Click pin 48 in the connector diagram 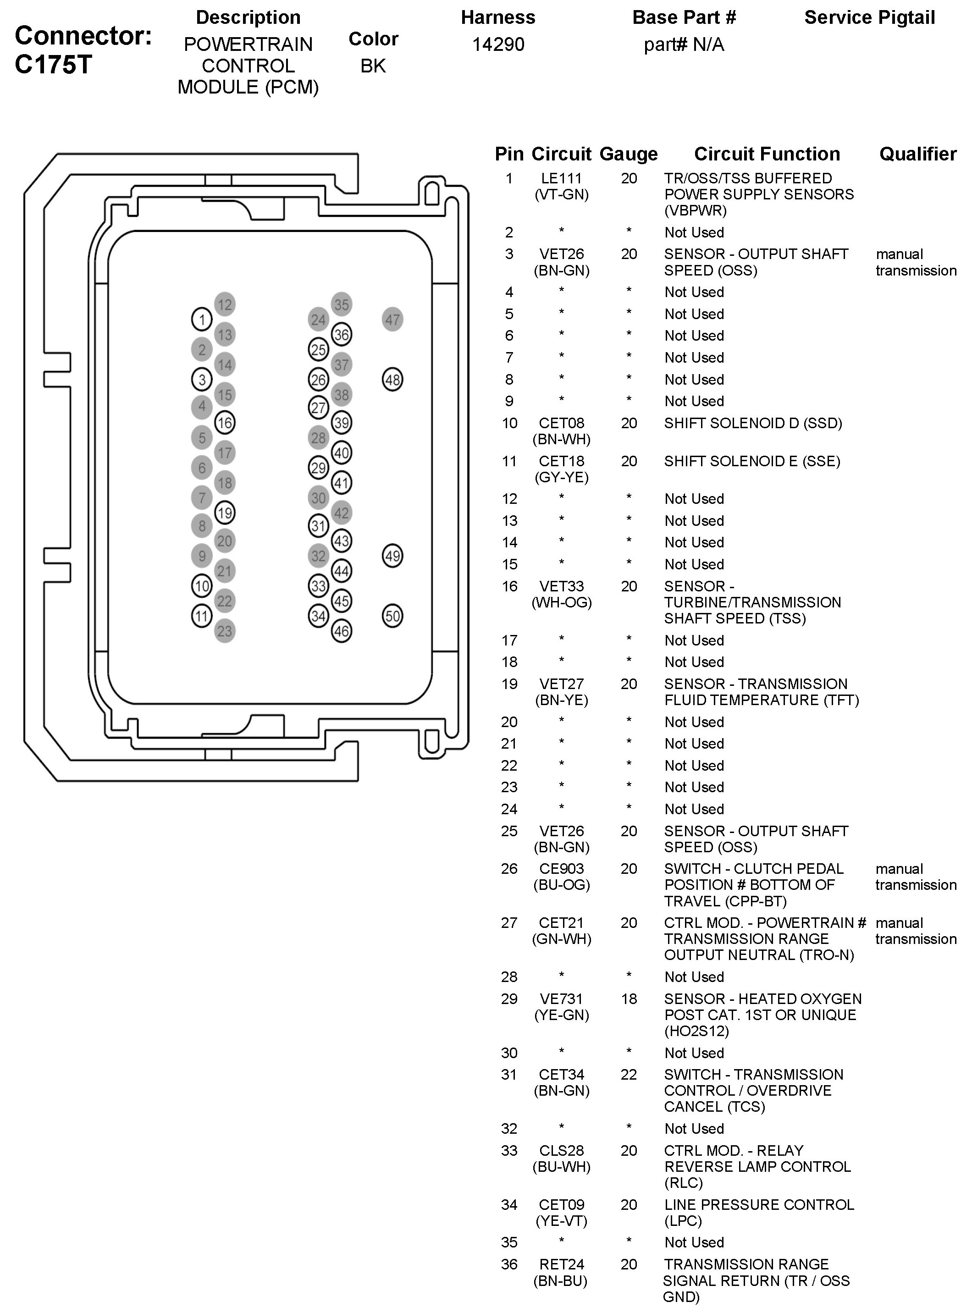tap(392, 380)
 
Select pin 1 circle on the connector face tap(202, 320)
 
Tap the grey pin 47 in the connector tap(392, 320)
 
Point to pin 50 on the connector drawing tap(392, 616)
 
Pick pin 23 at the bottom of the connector tap(225, 631)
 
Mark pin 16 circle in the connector tap(225, 422)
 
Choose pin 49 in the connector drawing tap(392, 556)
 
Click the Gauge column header tap(629, 154)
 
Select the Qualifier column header tap(918, 154)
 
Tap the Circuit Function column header tap(767, 154)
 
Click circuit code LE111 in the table tap(561, 178)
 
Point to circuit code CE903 tap(561, 869)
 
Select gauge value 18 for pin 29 tap(629, 999)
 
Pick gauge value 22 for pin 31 tap(629, 1075)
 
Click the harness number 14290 tap(498, 44)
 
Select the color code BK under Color tap(373, 66)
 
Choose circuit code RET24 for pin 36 tap(561, 1264)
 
